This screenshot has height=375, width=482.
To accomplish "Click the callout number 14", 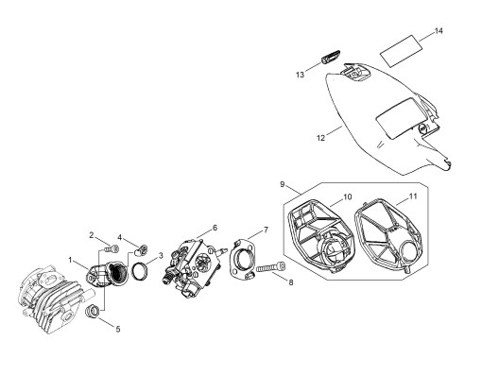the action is point(439,31).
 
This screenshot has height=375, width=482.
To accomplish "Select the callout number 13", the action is point(300,75).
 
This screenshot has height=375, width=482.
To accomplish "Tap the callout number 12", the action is point(320,138).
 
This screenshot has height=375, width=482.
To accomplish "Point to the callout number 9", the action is point(283,184).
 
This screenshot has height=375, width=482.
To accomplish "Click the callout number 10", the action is point(347,196).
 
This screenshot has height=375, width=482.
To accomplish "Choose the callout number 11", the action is point(413,196).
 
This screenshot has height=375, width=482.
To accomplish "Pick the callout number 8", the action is point(291,282).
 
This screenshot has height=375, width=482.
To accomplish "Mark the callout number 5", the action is point(118,329).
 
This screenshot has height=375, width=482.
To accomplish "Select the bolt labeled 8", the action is point(271,268).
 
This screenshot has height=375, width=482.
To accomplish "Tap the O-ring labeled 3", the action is point(140,271).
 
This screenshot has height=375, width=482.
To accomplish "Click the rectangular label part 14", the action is point(402,51).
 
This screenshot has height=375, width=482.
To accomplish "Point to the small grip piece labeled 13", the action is point(330,56).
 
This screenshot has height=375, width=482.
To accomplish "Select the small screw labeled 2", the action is point(112,248).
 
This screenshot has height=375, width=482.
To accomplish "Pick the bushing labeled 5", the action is point(93,312).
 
